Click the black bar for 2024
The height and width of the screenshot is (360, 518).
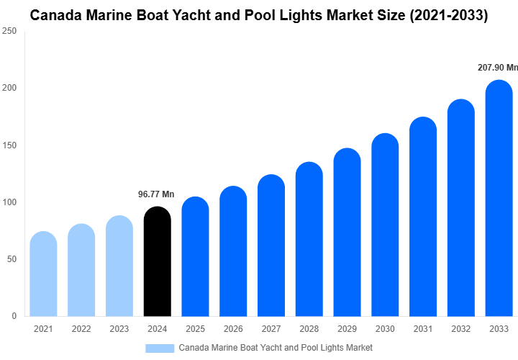tap(158, 262)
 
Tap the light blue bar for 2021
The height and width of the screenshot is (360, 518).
tap(44, 274)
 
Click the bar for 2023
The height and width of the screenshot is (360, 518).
tap(119, 266)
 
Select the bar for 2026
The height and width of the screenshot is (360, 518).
tap(233, 251)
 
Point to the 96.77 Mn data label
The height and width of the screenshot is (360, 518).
tap(156, 194)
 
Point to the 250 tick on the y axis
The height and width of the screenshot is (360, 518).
tap(10, 32)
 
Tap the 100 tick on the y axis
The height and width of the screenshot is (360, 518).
tap(10, 202)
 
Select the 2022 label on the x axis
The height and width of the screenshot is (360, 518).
tap(81, 329)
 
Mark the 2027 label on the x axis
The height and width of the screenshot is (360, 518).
tap(271, 329)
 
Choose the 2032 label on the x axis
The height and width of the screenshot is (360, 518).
tap(460, 329)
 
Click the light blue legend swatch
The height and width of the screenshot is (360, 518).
tap(160, 348)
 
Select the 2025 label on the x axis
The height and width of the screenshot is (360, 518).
tap(195, 329)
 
